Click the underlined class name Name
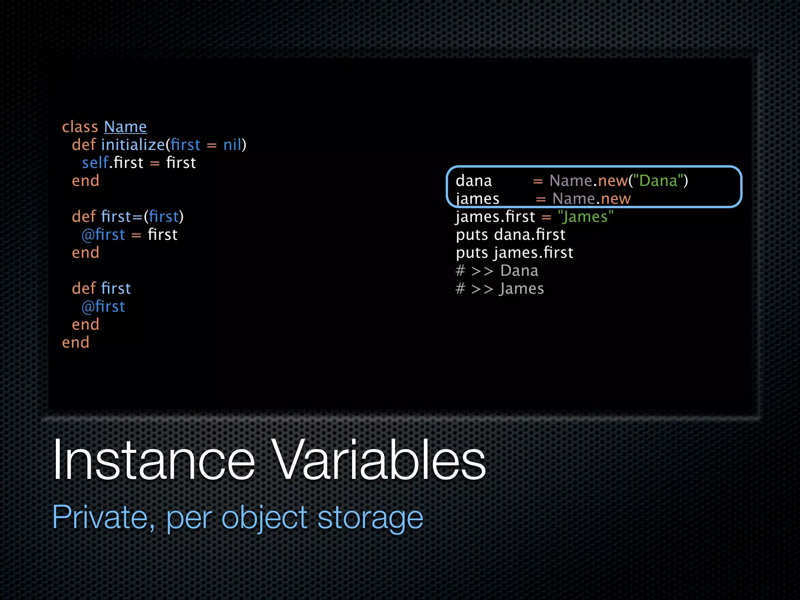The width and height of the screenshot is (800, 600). [125, 127]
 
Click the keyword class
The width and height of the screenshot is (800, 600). [80, 127]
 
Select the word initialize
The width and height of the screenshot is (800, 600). [133, 145]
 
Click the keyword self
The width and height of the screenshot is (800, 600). [95, 163]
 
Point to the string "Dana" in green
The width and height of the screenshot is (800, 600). [658, 181]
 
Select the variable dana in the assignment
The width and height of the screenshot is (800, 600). [473, 181]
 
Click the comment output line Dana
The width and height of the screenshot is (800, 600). [497, 271]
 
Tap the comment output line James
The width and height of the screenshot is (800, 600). [500, 289]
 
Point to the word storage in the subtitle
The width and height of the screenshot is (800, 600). [370, 517]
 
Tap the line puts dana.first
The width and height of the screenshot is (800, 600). [511, 235]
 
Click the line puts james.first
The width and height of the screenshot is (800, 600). [514, 253]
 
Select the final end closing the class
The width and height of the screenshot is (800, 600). [76, 343]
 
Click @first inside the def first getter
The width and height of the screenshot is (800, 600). [103, 307]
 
